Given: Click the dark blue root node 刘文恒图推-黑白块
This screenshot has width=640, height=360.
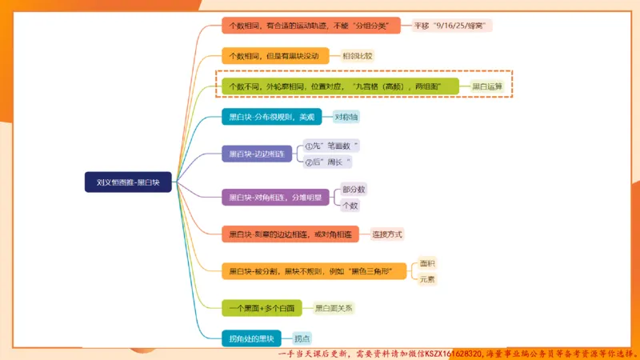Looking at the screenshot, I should (x=128, y=182).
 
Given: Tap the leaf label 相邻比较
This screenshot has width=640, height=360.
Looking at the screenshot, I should (x=358, y=56).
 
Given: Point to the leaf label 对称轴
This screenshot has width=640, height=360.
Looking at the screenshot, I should (x=346, y=117).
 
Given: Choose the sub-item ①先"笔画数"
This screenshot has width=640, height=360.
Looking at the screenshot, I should (x=332, y=146).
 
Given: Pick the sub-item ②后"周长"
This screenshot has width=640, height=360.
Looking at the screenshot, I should (x=329, y=162).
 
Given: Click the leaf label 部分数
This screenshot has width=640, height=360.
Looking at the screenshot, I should (x=353, y=190).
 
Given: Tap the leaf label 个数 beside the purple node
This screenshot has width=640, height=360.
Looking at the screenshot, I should (x=350, y=206).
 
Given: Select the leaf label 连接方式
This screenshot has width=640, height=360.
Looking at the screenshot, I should (x=388, y=234).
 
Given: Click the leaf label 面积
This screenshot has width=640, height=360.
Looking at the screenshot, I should (x=428, y=263).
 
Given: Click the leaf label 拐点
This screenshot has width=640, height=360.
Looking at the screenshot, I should (x=302, y=338).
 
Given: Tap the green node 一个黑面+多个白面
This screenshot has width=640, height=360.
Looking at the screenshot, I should (x=262, y=307).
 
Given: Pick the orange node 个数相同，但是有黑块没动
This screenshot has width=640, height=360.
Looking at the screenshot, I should (x=274, y=56).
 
